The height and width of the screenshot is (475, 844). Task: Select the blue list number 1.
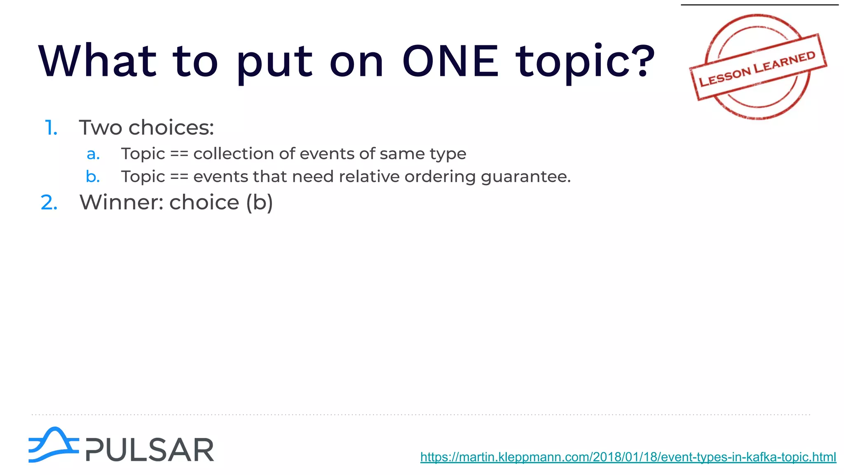tap(50, 128)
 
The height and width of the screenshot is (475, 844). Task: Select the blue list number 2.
tap(49, 202)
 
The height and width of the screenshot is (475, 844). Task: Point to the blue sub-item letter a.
tap(93, 154)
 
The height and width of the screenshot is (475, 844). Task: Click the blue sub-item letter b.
tap(93, 176)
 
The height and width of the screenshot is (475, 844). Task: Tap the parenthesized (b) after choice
tap(259, 202)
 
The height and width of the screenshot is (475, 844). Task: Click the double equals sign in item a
tap(179, 154)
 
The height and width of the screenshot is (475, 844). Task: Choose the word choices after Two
tap(171, 127)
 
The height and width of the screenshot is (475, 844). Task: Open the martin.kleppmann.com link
tap(628, 457)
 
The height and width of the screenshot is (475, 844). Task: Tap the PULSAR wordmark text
tap(150, 450)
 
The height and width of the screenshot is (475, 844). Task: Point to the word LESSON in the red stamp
tap(725, 77)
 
